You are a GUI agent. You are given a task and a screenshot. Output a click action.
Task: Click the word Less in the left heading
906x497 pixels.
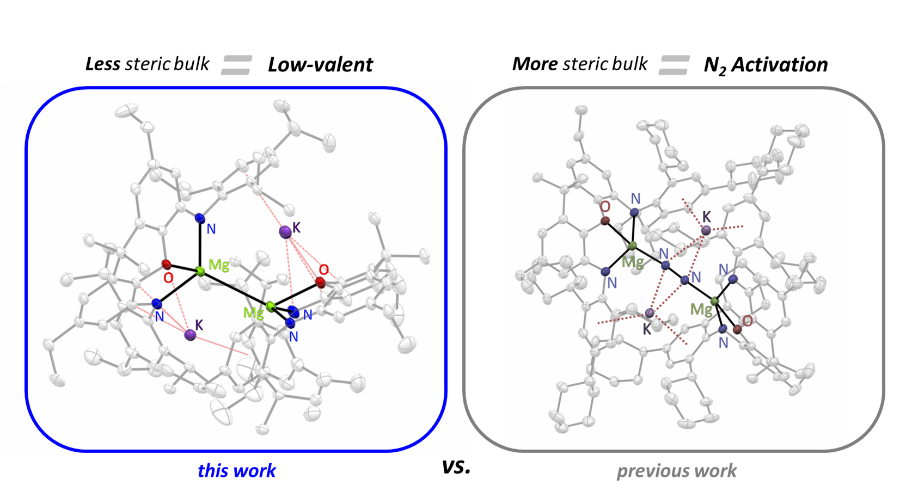click(x=102, y=64)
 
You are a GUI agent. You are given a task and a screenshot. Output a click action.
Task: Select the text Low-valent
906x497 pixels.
click(x=320, y=65)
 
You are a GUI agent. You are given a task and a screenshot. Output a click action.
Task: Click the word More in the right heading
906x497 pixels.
click(x=535, y=64)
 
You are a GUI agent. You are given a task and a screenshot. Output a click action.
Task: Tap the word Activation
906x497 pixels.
click(x=779, y=65)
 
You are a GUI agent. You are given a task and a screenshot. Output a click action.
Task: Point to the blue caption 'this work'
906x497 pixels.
click(x=236, y=470)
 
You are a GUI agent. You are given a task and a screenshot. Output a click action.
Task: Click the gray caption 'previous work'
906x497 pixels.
click(x=676, y=470)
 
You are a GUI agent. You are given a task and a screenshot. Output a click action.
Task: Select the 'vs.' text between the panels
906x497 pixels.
click(x=456, y=467)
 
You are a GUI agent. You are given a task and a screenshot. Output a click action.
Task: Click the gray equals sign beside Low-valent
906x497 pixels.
click(x=237, y=65)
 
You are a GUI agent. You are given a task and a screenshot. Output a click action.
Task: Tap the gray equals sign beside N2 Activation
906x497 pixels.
click(x=674, y=65)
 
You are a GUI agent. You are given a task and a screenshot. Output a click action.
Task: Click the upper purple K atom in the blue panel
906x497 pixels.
click(x=285, y=232)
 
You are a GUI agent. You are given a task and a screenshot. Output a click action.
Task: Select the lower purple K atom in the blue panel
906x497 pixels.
click(x=190, y=334)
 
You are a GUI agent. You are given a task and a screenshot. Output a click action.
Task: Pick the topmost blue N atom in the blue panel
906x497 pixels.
click(x=200, y=219)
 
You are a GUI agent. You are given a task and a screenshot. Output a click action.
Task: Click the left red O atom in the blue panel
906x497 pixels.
click(x=167, y=265)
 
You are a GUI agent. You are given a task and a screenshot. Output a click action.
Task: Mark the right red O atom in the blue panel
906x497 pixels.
click(x=320, y=282)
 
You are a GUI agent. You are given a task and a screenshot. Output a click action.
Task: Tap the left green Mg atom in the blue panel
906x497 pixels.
click(x=200, y=271)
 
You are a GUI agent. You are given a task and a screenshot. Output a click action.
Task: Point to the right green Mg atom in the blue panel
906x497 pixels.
click(x=271, y=306)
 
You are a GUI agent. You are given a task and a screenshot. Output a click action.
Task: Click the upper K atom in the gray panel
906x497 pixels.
click(x=706, y=230)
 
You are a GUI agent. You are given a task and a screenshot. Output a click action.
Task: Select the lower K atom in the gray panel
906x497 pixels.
click(x=650, y=313)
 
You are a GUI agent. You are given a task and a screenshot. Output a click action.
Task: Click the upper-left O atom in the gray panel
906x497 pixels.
click(x=605, y=220)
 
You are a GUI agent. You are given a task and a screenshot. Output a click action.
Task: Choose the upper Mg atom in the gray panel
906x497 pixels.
click(x=632, y=247)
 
